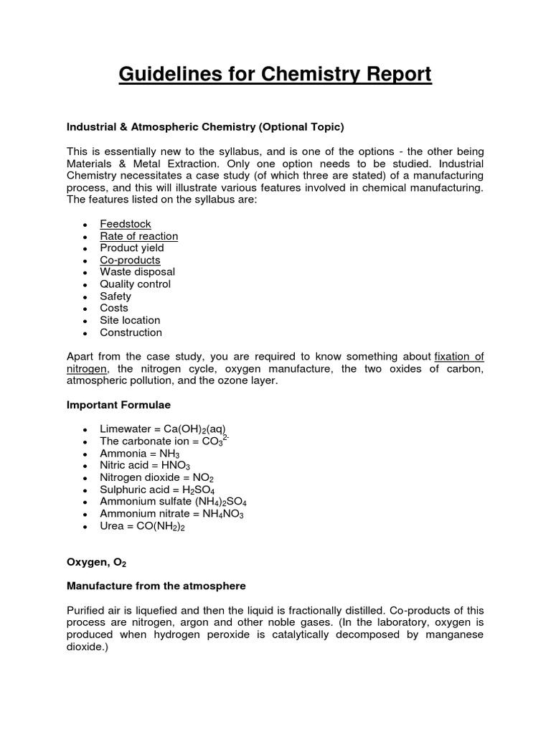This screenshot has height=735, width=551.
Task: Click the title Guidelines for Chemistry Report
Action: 275,74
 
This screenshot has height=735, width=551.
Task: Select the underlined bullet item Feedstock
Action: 126,224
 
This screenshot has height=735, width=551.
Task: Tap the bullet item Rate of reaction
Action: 138,236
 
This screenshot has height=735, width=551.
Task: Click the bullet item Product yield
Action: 132,248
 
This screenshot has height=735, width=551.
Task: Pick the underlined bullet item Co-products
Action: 130,260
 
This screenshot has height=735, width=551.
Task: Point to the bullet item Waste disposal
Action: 137,272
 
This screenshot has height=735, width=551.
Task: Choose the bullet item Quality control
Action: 135,284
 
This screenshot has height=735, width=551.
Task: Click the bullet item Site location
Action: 130,320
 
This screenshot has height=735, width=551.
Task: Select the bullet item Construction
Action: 131,332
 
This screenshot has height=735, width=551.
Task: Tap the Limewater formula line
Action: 163,429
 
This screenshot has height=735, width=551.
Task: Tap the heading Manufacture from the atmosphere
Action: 156,586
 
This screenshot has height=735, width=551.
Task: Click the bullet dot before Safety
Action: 85,297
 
